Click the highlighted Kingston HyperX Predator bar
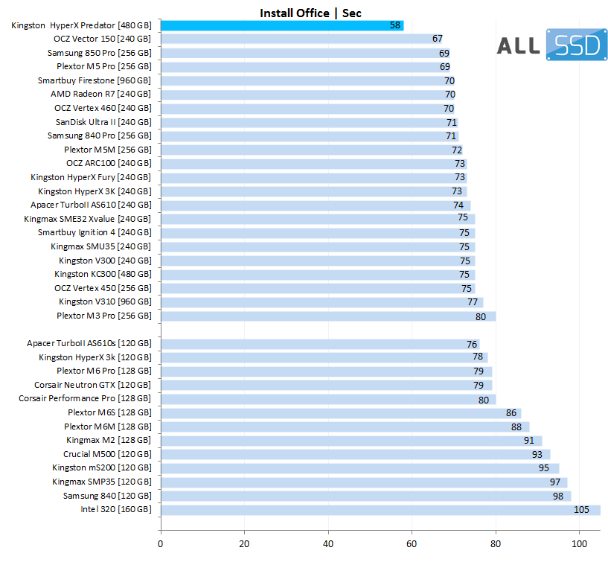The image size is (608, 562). pyautogui.click(x=281, y=25)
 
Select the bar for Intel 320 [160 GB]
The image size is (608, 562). pyautogui.click(x=380, y=510)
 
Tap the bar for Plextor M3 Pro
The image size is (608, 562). pyautogui.click(x=327, y=316)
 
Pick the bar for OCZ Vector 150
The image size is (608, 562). pyautogui.click(x=298, y=39)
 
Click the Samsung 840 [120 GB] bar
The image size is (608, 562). pyautogui.click(x=365, y=496)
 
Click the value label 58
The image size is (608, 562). pyautogui.click(x=395, y=25)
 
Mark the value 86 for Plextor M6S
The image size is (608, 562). pyautogui.click(x=511, y=412)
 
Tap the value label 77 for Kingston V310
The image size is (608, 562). pyautogui.click(x=473, y=302)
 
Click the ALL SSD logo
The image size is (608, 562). pyautogui.click(x=550, y=45)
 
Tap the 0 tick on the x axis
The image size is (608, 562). pyautogui.click(x=161, y=544)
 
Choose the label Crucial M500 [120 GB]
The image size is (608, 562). pyautogui.click(x=107, y=454)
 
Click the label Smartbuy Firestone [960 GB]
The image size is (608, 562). pyautogui.click(x=95, y=80)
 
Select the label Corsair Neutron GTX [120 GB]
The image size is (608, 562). pyautogui.click(x=92, y=385)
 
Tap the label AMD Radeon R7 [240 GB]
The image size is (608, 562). pyautogui.click(x=100, y=95)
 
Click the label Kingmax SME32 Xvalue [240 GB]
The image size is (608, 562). pyautogui.click(x=87, y=219)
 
